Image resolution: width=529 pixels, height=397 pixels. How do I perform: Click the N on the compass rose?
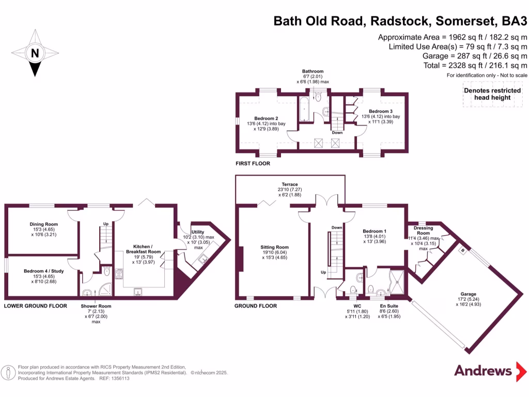(x=35, y=53)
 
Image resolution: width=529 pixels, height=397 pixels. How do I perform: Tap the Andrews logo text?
(x=483, y=371)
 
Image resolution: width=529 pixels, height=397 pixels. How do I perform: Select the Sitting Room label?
(x=274, y=248)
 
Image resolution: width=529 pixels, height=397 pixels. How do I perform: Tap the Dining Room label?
(x=43, y=224)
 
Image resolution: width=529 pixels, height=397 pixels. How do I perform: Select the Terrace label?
(x=290, y=184)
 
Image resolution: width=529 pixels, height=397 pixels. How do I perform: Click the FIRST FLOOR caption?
(x=253, y=163)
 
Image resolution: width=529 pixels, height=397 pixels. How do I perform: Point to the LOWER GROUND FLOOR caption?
(x=36, y=306)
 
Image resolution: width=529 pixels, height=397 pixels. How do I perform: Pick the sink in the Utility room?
(x=203, y=260)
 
